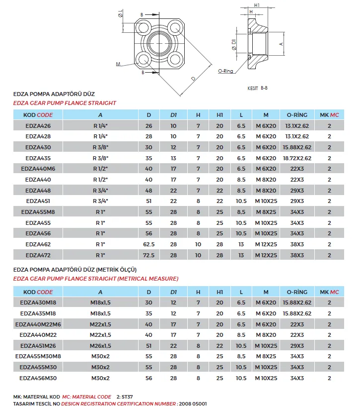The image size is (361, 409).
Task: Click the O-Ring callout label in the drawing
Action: click(x=225, y=71)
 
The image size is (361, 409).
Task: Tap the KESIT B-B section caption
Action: click(x=258, y=88)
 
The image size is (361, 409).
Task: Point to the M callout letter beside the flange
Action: click(x=119, y=64)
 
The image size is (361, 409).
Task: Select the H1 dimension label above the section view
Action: click(x=257, y=5)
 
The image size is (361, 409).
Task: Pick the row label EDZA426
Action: click(x=38, y=125)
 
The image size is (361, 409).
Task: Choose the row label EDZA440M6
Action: click(x=38, y=169)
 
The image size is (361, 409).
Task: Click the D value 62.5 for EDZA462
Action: click(x=149, y=244)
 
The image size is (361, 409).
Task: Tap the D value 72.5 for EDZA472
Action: click(x=149, y=255)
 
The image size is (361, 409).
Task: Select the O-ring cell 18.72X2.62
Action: click(x=297, y=158)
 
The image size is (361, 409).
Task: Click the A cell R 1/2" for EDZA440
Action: click(x=100, y=179)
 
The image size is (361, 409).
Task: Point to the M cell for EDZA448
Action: click(x=266, y=190)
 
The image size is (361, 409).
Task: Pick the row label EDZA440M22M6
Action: click(x=38, y=324)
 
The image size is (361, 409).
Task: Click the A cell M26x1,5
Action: click(x=100, y=346)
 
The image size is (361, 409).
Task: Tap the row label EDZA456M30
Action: click(x=38, y=378)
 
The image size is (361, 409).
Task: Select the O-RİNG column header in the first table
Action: click(x=297, y=115)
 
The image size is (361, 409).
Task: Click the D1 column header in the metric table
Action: click(x=173, y=292)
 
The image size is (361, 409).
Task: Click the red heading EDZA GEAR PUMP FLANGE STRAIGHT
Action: click(x=65, y=103)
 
